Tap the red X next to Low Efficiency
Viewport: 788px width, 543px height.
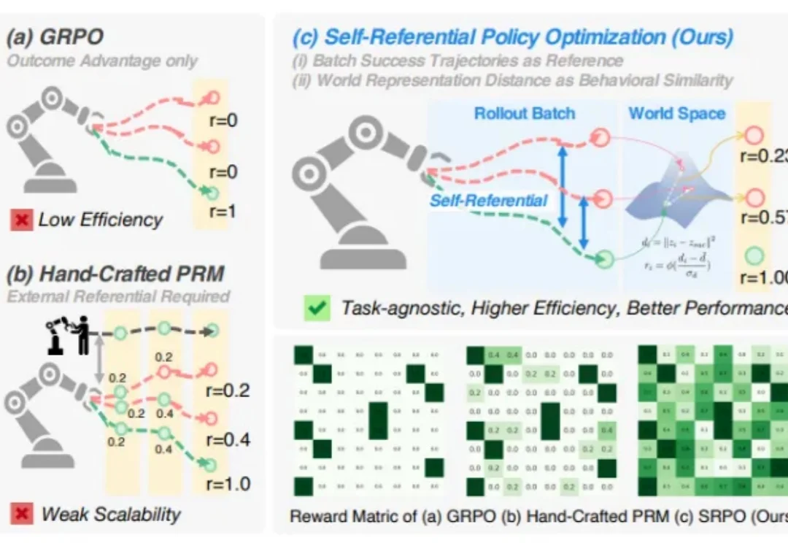[x=21, y=219]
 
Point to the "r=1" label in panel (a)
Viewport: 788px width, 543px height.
[x=220, y=213]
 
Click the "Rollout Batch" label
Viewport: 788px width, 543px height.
[x=525, y=113]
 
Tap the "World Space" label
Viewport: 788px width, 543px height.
[x=677, y=113]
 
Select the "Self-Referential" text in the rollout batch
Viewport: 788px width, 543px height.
[x=488, y=200]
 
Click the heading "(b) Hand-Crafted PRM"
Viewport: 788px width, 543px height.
[x=115, y=274]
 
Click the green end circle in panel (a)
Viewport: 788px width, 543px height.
[x=212, y=193]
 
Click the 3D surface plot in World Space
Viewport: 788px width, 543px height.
[x=668, y=193]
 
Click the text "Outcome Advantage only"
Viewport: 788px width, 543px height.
[x=102, y=60]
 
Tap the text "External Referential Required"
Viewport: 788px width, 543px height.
[x=117, y=296]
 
